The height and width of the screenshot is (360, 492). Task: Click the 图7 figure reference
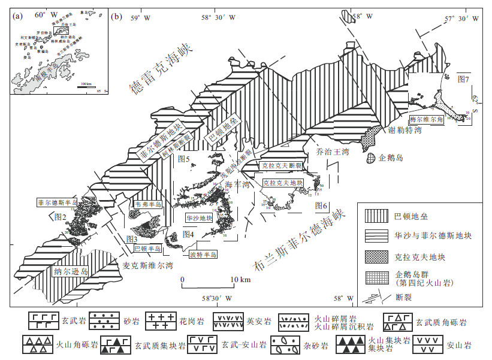click(x=463, y=78)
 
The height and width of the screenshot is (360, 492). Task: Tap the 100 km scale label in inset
click(x=86, y=84)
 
